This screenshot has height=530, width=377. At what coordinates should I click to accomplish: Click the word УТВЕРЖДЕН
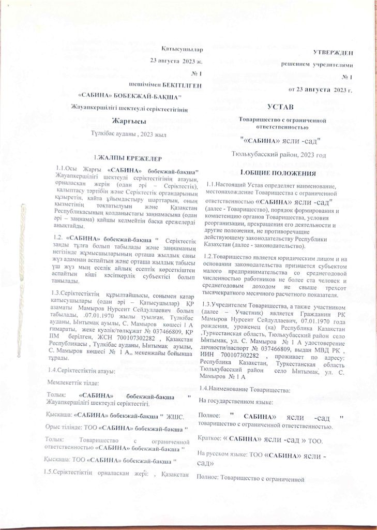click(x=333, y=52)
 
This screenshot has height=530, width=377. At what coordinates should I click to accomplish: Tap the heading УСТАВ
click(x=281, y=107)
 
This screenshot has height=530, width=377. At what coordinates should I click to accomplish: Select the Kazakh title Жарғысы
click(x=126, y=122)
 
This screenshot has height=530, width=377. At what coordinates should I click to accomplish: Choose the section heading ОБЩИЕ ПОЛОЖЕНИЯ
click(x=282, y=171)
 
